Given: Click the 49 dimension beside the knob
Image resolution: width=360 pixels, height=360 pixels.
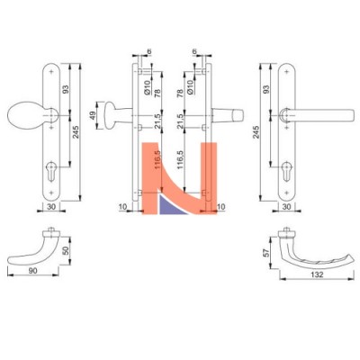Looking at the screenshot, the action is tap(93, 115).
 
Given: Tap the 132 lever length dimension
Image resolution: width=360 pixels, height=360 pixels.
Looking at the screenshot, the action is tap(317, 274).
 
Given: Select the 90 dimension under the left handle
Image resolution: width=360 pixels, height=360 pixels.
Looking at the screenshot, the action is tap(33, 270).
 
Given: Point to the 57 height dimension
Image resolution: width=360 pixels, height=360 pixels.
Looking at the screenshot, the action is tap(265, 253).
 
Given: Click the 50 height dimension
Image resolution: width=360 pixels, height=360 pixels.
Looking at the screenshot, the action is tap(67, 250).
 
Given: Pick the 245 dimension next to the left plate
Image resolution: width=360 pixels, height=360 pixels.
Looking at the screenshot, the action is tap(76, 132).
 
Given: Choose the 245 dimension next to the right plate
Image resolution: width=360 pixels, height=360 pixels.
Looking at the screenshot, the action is tap(256, 132).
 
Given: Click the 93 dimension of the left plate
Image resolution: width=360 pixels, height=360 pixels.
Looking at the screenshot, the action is tap(66, 89).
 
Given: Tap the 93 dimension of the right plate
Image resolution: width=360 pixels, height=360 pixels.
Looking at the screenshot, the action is tap(265, 89).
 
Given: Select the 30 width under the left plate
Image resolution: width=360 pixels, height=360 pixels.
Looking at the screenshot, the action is tap(51, 206).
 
